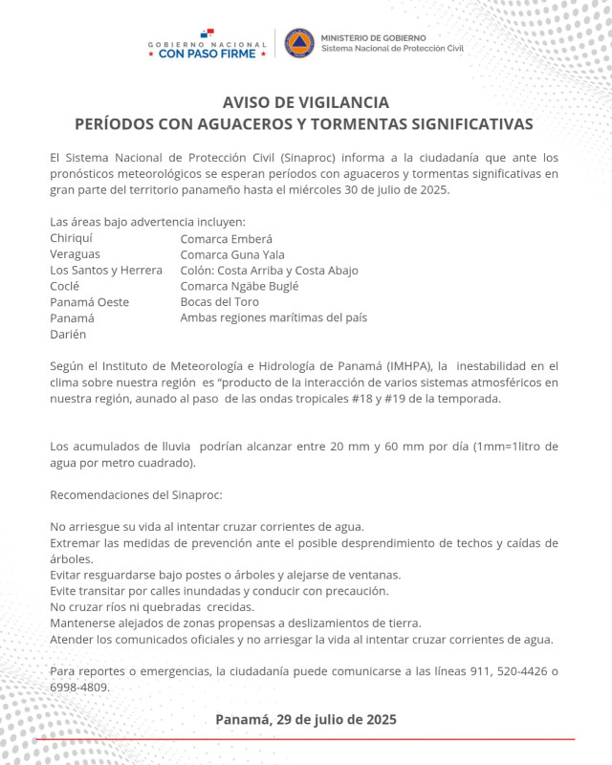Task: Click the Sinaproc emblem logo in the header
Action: [299, 43]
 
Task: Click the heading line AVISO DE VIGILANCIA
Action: [305, 102]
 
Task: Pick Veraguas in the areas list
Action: [75, 254]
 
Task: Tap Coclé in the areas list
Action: [66, 286]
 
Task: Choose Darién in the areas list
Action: [68, 334]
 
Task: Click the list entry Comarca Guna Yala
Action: [231, 254]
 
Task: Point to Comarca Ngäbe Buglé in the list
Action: [240, 286]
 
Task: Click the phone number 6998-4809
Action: [79, 687]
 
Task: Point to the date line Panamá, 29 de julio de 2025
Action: [305, 718]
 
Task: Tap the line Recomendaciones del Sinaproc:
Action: [136, 494]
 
